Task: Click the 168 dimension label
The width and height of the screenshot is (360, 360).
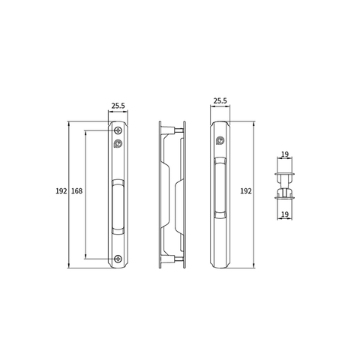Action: click(x=76, y=192)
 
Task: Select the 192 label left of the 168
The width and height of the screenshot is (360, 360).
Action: click(x=61, y=192)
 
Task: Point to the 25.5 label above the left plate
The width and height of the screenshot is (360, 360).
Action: click(x=118, y=106)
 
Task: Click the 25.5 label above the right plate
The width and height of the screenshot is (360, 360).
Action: click(x=220, y=100)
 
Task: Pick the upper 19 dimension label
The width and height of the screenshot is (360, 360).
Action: click(x=285, y=155)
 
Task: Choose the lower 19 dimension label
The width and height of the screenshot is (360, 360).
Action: click(x=285, y=214)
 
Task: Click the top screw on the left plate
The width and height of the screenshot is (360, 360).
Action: click(x=118, y=130)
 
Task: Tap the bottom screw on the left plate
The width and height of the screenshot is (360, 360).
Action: click(x=118, y=259)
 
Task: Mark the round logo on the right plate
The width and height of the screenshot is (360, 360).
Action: click(x=220, y=142)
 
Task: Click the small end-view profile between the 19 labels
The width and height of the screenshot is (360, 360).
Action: click(x=285, y=184)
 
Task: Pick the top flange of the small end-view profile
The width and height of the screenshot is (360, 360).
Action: click(x=285, y=173)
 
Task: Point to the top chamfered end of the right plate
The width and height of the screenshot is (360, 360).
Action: click(x=220, y=124)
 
